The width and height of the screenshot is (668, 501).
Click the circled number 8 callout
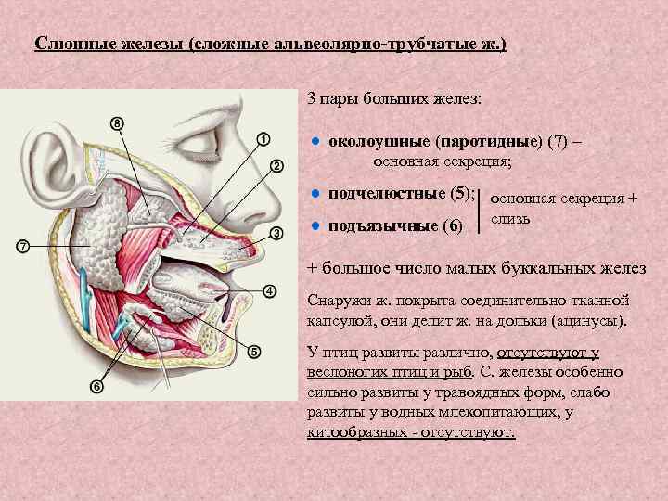(x=117, y=123)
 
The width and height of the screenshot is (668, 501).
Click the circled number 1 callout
(x=263, y=139)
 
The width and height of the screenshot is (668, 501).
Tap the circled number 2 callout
(x=276, y=165)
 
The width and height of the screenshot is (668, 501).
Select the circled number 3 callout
(x=276, y=232)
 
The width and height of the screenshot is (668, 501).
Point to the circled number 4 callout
(x=269, y=291)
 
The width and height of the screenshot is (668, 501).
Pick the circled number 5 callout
(x=254, y=352)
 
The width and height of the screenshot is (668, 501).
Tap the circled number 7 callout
(x=23, y=246)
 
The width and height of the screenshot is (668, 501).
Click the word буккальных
(x=553, y=269)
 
